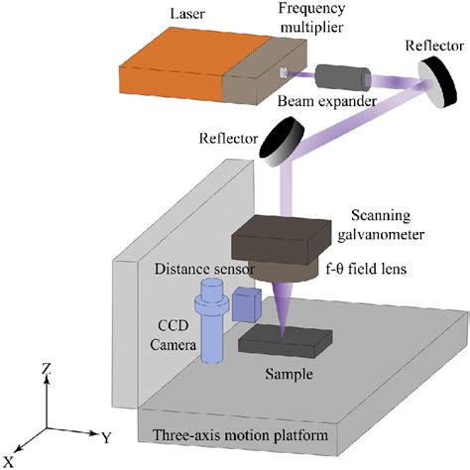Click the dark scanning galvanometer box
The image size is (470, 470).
pyautogui.click(x=287, y=239)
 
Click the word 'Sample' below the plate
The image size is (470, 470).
pyautogui.click(x=290, y=375)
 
